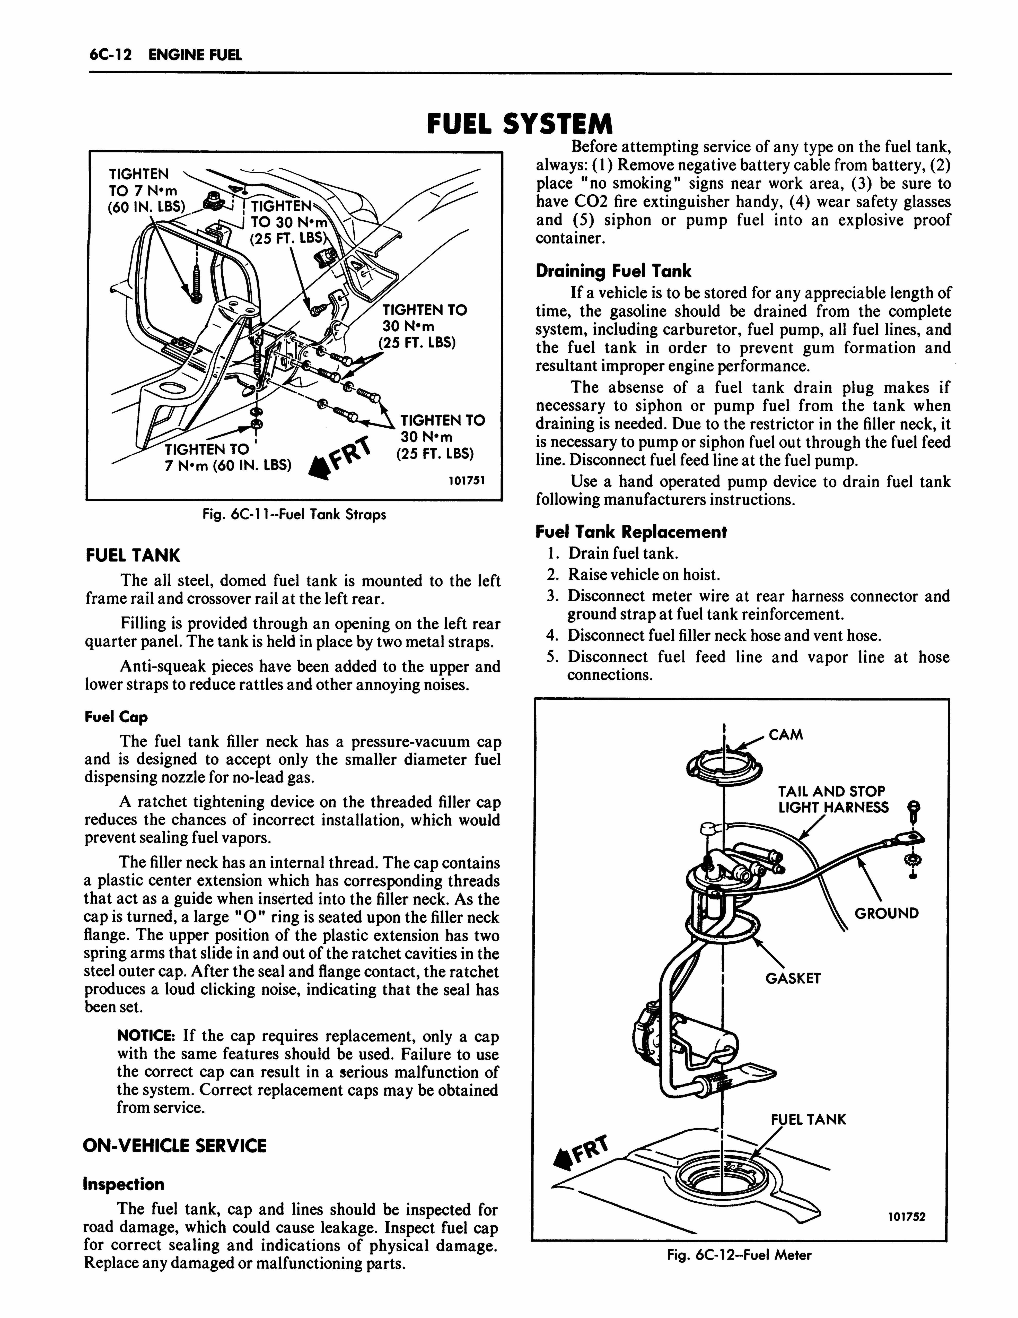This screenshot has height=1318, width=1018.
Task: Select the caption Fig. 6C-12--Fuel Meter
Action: pyautogui.click(x=739, y=1255)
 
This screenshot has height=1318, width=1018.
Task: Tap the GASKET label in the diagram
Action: pyautogui.click(x=793, y=978)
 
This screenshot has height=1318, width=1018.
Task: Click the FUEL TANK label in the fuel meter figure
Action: pyautogui.click(x=809, y=1120)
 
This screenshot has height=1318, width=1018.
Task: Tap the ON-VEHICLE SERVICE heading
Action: pyautogui.click(x=174, y=1146)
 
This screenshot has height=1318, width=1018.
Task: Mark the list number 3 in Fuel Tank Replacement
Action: pyautogui.click(x=551, y=596)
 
